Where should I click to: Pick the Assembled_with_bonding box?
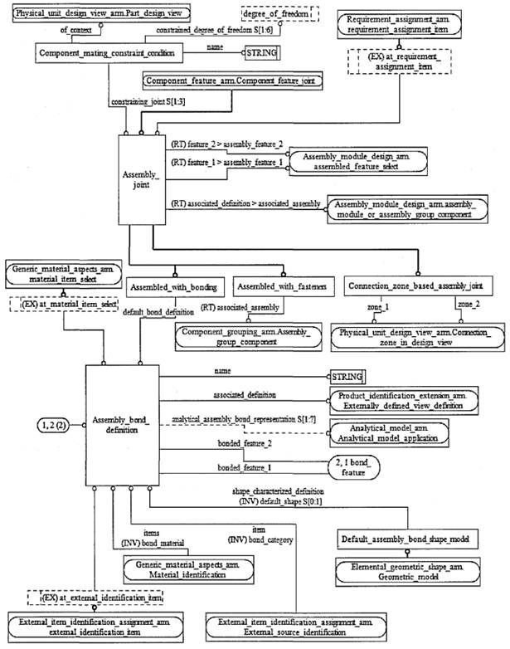click(173, 287)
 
